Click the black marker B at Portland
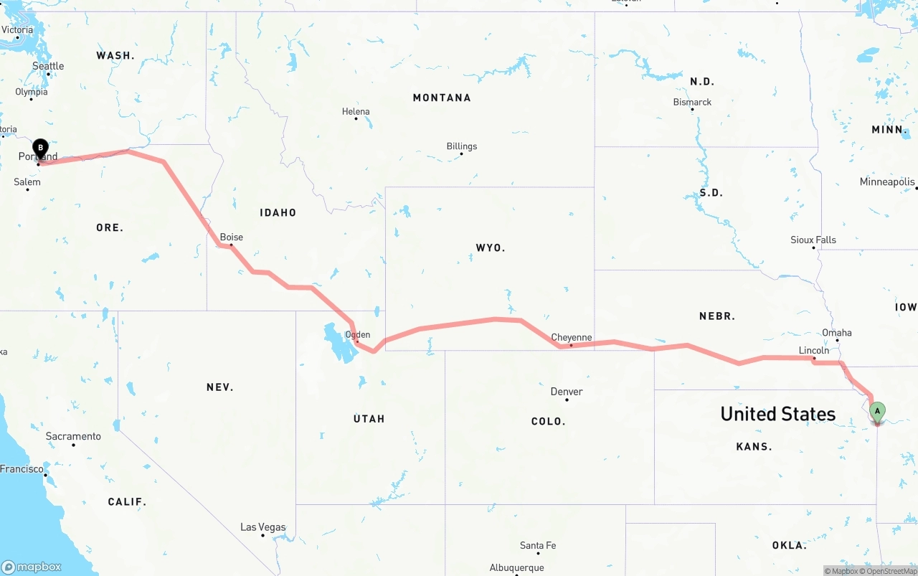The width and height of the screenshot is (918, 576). point(41,148)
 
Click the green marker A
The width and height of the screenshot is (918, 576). point(876,412)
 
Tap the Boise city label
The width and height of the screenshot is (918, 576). point(232,237)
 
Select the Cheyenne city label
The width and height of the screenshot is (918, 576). point(572,337)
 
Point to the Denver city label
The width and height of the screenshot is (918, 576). point(567,392)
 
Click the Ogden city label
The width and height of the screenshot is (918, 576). point(358,334)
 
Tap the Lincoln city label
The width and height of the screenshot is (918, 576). point(814,350)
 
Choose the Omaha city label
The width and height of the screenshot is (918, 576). point(837,333)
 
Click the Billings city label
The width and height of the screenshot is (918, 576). point(462,146)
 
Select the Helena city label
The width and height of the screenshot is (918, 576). point(356,111)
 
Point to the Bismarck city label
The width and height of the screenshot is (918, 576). point(692,102)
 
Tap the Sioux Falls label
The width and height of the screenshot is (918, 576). point(813,240)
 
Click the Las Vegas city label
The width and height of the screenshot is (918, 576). point(262,527)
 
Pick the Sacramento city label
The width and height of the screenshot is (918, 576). point(73,436)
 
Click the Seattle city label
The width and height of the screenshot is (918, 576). point(48,66)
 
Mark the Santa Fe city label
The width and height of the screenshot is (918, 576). point(538,545)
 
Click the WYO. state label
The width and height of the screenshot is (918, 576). point(491,247)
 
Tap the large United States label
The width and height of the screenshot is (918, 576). point(778,414)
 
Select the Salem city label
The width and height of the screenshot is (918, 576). point(27,181)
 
